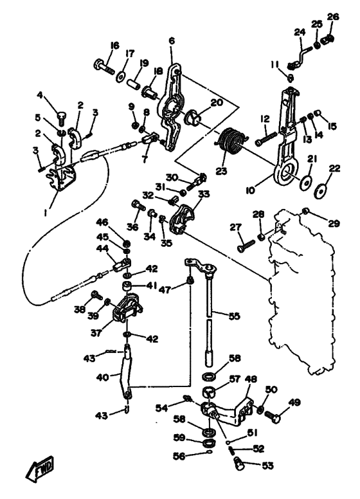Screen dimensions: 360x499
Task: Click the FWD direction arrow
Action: point(40,469)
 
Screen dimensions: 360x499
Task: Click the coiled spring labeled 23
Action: point(232,140)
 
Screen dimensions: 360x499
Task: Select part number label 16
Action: point(114,46)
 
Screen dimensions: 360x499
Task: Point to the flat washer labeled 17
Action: point(120,77)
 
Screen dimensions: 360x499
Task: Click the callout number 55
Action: point(234,316)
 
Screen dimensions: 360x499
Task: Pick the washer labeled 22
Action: point(319,192)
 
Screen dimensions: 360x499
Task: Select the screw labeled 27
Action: point(246,246)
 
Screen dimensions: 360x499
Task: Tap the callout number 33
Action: point(204,194)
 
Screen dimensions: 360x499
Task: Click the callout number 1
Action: point(46,212)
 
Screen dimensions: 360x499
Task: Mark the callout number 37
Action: point(96,333)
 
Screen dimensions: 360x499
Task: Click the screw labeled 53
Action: point(239,462)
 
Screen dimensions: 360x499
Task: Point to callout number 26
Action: point(333,17)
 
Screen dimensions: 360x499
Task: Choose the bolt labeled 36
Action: point(138,204)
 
